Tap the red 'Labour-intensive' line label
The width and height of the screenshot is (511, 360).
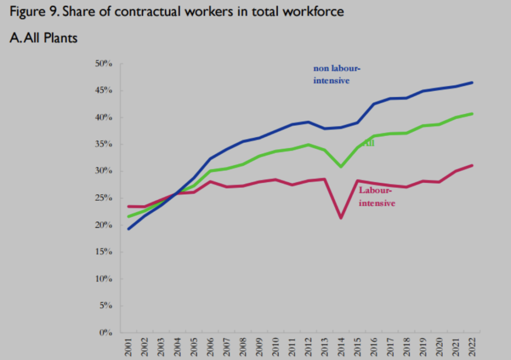[x=376, y=197]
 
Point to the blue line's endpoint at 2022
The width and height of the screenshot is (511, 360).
[x=472, y=83]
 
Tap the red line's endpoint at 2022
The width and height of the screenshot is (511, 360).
[x=472, y=165]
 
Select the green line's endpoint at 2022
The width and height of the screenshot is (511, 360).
[x=472, y=114]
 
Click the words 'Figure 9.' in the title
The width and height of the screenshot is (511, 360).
[x=31, y=12]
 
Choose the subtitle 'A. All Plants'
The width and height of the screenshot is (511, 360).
[x=43, y=38]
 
